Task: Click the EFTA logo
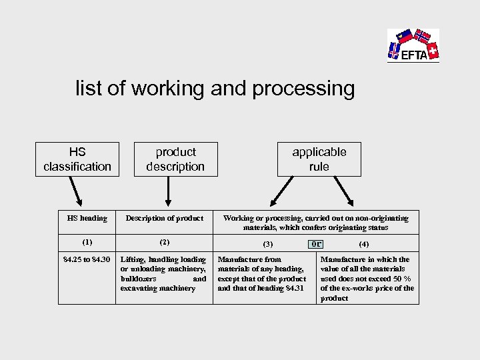tap(413, 45)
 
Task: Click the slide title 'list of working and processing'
tap(215, 89)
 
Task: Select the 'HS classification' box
tap(77, 159)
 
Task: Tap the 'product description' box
tap(175, 159)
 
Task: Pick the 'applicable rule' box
tap(319, 159)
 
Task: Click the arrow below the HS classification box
tap(75, 190)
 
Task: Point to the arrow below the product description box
tap(167, 190)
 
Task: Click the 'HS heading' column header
tap(87, 218)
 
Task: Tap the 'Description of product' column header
tap(165, 218)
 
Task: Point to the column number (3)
tap(268, 244)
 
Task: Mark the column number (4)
tap(364, 244)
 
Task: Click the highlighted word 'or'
tap(317, 243)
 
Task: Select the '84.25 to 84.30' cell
tap(87, 259)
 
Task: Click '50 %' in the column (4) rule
tap(402, 279)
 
